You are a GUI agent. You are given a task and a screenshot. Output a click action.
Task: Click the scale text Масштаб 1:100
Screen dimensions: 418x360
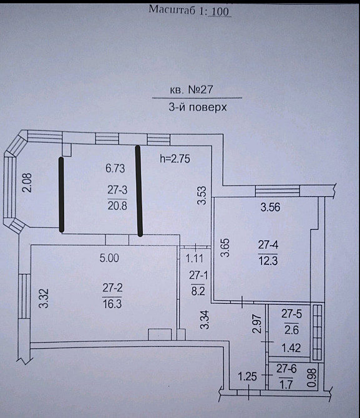pos(190,10)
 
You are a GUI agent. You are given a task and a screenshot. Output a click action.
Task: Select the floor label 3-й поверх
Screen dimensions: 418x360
pos(197,107)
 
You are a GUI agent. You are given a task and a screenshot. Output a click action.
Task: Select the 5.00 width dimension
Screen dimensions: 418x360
pos(109,256)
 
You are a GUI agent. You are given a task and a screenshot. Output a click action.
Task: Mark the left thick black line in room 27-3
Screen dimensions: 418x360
pos(61,195)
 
